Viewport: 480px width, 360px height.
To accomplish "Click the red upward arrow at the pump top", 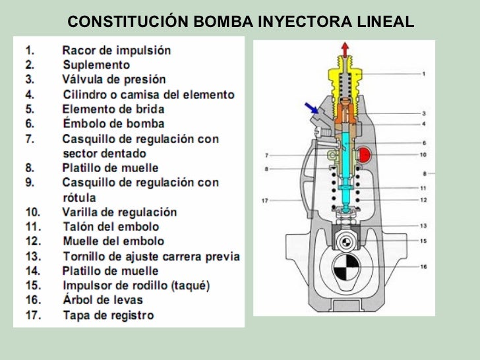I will [x=344, y=48].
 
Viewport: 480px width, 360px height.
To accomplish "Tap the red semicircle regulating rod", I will [x=365, y=156].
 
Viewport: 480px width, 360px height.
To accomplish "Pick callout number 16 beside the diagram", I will [x=424, y=267].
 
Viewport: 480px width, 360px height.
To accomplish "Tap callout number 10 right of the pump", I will [x=423, y=155].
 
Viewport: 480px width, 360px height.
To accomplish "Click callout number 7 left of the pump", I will [x=268, y=156].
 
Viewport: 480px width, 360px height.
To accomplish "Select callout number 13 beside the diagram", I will [x=424, y=225].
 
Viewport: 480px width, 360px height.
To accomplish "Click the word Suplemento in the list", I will [x=96, y=65].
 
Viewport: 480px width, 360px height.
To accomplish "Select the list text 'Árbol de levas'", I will [x=102, y=300].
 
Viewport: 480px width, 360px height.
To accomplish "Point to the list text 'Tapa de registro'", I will [x=108, y=315].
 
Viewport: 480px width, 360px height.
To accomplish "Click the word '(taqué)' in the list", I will [x=189, y=285].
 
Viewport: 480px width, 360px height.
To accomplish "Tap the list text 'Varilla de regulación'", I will [x=119, y=212].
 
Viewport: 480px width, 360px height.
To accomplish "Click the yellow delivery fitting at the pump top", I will [x=344, y=66].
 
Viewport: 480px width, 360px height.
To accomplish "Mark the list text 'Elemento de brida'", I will [x=113, y=109].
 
